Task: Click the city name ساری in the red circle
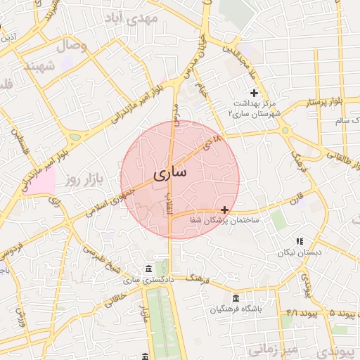pyautogui.click(x=169, y=172)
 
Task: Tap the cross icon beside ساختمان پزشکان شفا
pyautogui.click(x=224, y=210)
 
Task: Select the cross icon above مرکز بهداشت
pyautogui.click(x=254, y=93)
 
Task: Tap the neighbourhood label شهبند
pyautogui.click(x=39, y=65)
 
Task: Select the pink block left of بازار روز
pyautogui.click(x=41, y=182)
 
